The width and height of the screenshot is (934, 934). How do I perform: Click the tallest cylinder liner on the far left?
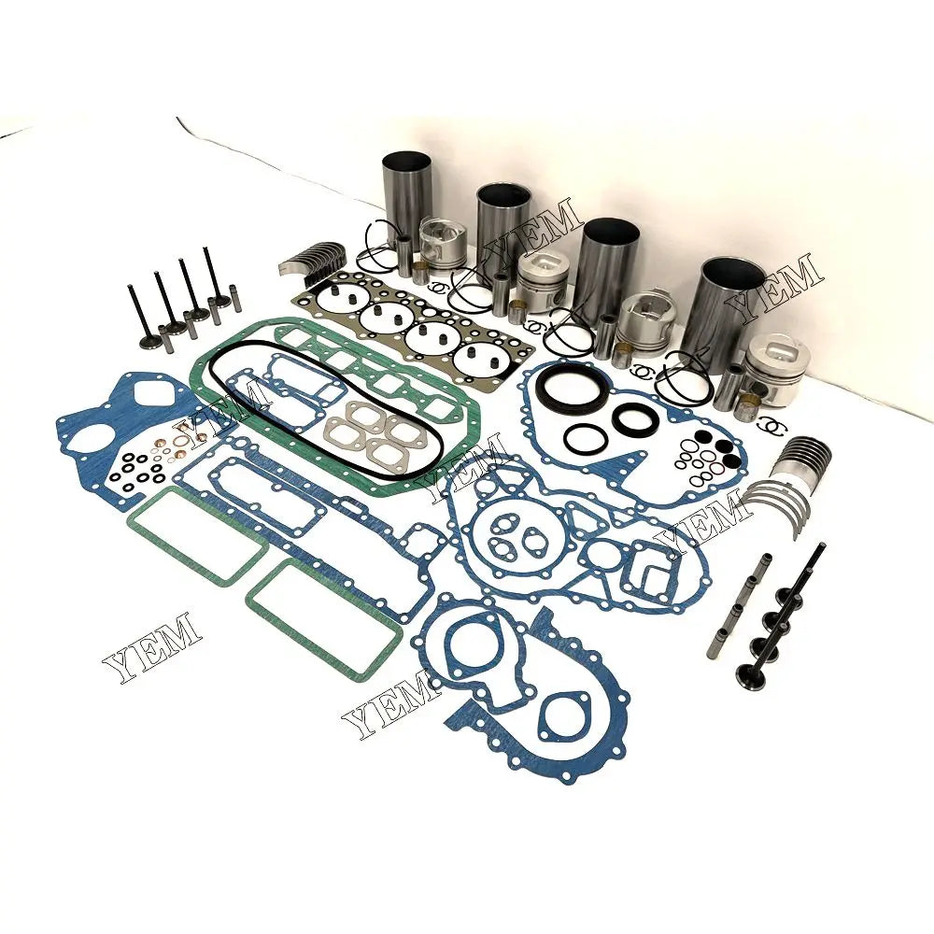(x=406, y=201)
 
